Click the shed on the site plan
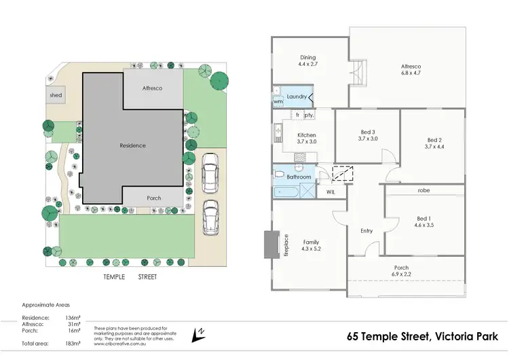(56, 96)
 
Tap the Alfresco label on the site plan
(153, 88)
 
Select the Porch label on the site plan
(154, 198)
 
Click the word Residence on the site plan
(132, 145)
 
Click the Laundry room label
(297, 97)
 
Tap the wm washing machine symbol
(278, 101)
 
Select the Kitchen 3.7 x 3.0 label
(307, 139)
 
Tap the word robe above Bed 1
(424, 190)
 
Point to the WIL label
(331, 192)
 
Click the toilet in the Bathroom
(279, 175)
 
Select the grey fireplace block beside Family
(270, 245)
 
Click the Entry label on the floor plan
(366, 231)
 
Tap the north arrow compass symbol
(199, 333)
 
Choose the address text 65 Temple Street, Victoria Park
(422, 336)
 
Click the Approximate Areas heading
(45, 305)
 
